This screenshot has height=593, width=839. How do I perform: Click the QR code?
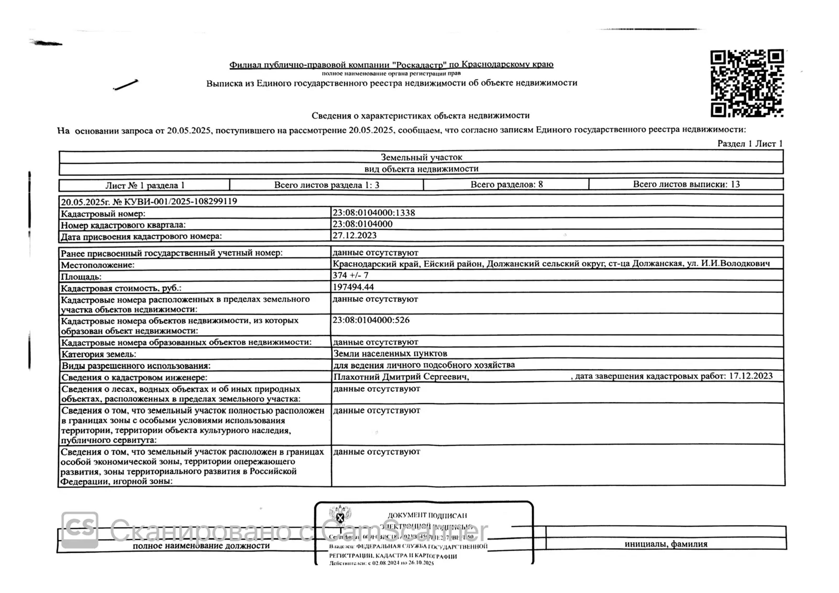click(747, 83)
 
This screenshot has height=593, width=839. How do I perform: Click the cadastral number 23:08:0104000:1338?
click(373, 213)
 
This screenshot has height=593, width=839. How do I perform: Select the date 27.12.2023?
click(354, 235)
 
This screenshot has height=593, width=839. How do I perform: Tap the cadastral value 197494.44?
click(353, 287)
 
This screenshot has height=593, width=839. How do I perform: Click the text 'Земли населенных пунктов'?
click(390, 353)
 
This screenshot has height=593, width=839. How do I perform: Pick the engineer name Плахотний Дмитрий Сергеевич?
click(401, 377)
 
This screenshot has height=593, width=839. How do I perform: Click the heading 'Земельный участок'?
click(421, 157)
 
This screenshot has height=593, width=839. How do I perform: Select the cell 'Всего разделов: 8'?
click(507, 184)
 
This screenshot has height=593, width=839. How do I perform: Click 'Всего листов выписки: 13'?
click(686, 184)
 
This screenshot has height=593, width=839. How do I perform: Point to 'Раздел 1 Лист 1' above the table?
click(750, 144)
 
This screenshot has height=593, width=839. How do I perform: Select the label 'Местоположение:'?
click(98, 265)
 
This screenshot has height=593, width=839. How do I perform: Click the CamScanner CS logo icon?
click(80, 529)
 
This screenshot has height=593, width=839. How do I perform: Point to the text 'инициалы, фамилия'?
click(666, 544)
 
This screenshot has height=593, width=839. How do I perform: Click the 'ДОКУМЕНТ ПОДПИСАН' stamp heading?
click(427, 515)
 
